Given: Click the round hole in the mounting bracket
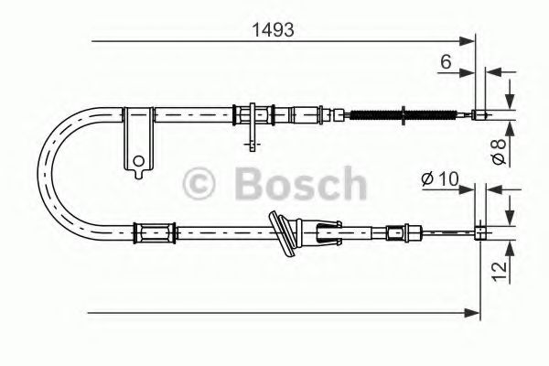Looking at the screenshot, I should click(x=138, y=163).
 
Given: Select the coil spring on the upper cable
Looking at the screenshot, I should click(x=376, y=114).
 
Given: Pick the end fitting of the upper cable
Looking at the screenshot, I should click(x=479, y=114).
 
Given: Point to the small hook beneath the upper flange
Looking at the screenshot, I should click(x=249, y=141).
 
